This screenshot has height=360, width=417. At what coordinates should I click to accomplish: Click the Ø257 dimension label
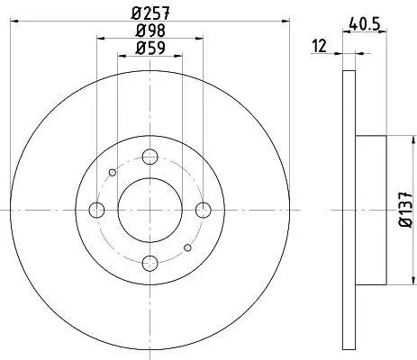pyautogui.click(x=150, y=13)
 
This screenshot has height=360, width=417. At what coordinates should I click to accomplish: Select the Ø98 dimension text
pyautogui.click(x=150, y=30)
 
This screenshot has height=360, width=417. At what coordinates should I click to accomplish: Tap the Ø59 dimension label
pyautogui.click(x=150, y=48)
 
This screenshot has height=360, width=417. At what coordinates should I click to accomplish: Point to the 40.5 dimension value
pyautogui.click(x=365, y=23)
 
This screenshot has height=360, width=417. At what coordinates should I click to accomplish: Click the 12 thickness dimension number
pyautogui.click(x=319, y=46)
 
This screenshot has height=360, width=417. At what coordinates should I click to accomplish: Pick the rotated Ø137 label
pyautogui.click(x=405, y=210)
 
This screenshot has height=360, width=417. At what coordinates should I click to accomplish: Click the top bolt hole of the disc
pyautogui.click(x=150, y=157)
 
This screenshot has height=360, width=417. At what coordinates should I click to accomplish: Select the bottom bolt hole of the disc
pyautogui.click(x=150, y=264)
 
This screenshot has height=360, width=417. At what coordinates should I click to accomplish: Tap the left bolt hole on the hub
pyautogui.click(x=96, y=210)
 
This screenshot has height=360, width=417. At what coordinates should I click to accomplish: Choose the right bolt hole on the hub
pyautogui.click(x=204, y=210)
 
